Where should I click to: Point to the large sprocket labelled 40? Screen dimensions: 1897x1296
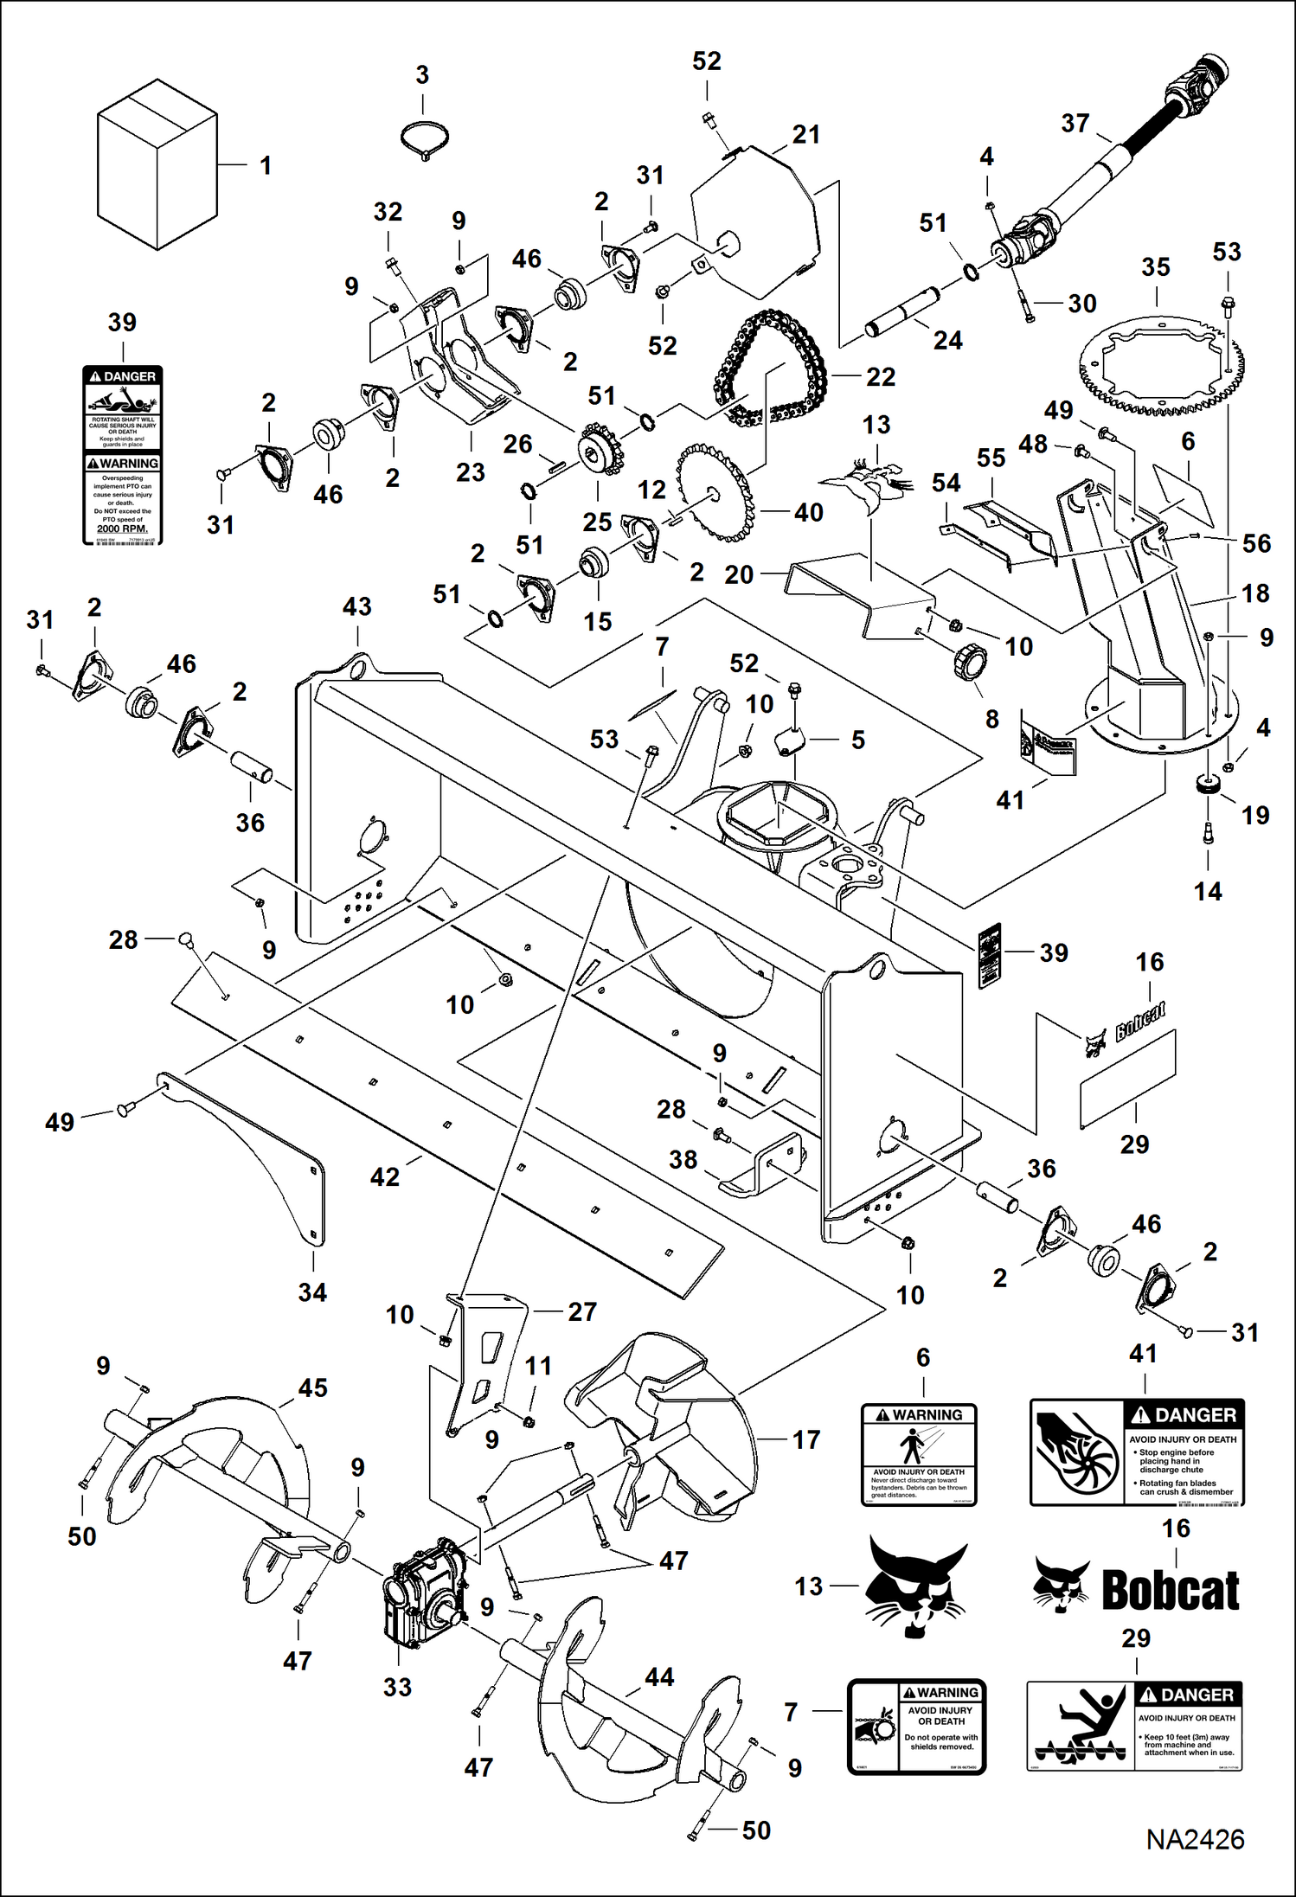[714, 493]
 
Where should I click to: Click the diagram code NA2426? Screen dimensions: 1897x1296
[1195, 1839]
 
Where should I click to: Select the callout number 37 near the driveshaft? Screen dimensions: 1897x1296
[1075, 124]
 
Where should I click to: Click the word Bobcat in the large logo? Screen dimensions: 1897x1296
[1171, 1590]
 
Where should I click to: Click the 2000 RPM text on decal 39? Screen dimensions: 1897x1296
[122, 529]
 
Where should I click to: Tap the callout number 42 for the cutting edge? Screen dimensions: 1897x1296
[385, 1176]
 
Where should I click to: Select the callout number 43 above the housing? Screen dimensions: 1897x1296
[357, 607]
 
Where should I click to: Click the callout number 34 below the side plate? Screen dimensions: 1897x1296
[312, 1292]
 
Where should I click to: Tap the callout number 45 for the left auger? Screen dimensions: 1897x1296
[312, 1388]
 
